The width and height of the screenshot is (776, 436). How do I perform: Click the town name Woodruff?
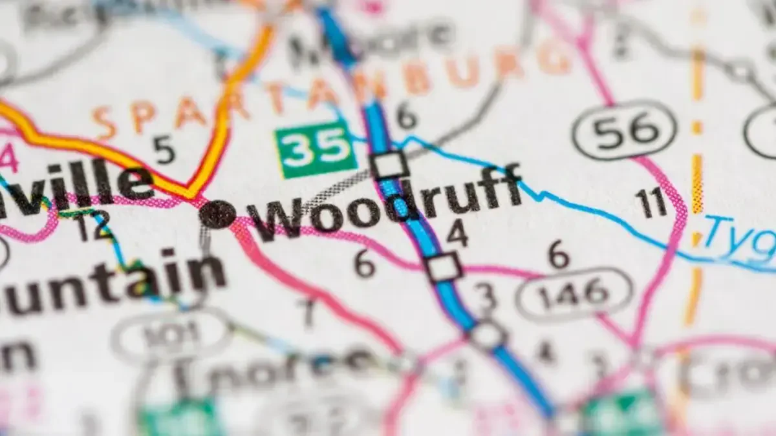(x=388, y=203)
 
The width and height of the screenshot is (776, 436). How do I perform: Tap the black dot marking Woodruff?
(x=217, y=214)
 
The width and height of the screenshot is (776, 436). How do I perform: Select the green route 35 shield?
(x=316, y=149)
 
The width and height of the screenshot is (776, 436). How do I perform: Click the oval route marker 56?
(x=624, y=130)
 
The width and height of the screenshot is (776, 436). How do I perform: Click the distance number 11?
(x=651, y=203)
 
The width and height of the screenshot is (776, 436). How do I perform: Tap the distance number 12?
(x=94, y=228)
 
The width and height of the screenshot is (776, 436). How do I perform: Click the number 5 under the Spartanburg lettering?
(x=164, y=150)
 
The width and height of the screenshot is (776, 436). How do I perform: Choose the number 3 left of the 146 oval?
(x=486, y=296)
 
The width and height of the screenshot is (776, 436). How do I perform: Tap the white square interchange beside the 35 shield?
(x=390, y=165)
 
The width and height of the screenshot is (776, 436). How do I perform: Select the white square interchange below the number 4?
(x=444, y=267)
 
